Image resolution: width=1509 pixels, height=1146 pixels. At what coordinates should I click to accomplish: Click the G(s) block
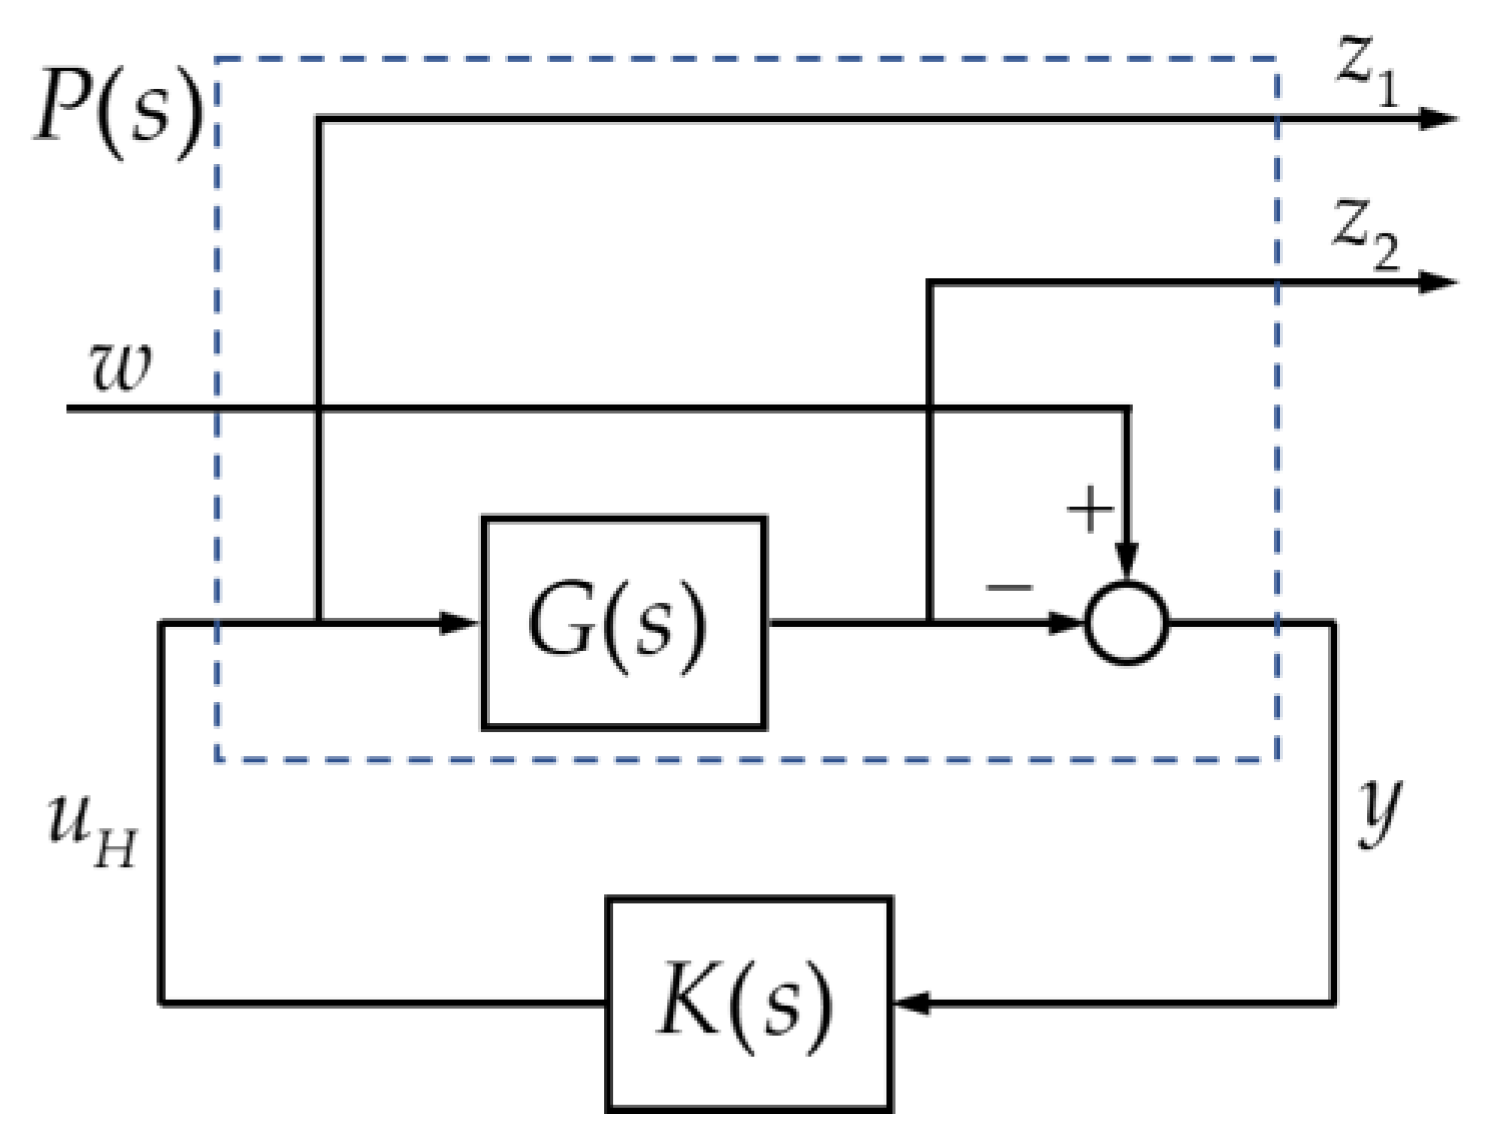pos(623,623)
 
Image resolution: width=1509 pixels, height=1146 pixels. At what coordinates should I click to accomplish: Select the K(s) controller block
pos(748,1003)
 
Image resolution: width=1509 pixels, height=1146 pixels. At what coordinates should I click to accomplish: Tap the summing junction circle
pos(1127,623)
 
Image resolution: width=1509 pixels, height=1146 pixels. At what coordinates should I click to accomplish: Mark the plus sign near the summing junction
pos(1089,510)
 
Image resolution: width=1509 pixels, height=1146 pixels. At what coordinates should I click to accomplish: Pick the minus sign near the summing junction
pos(1009,586)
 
